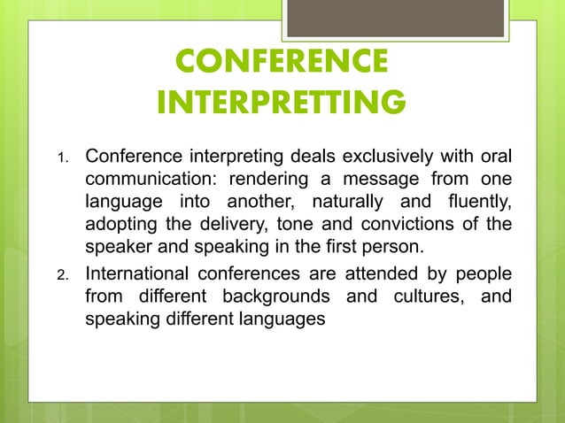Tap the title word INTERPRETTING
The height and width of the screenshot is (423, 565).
[282, 103]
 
